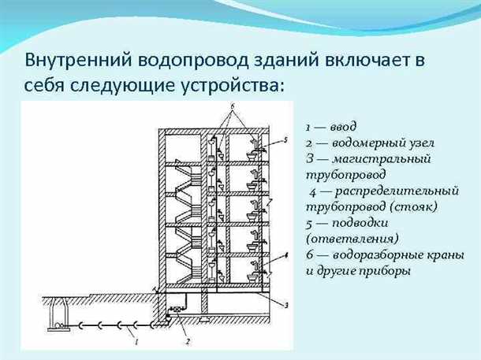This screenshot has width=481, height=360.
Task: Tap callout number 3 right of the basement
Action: coord(286,304)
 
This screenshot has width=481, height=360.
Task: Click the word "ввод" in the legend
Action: coord(344,126)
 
